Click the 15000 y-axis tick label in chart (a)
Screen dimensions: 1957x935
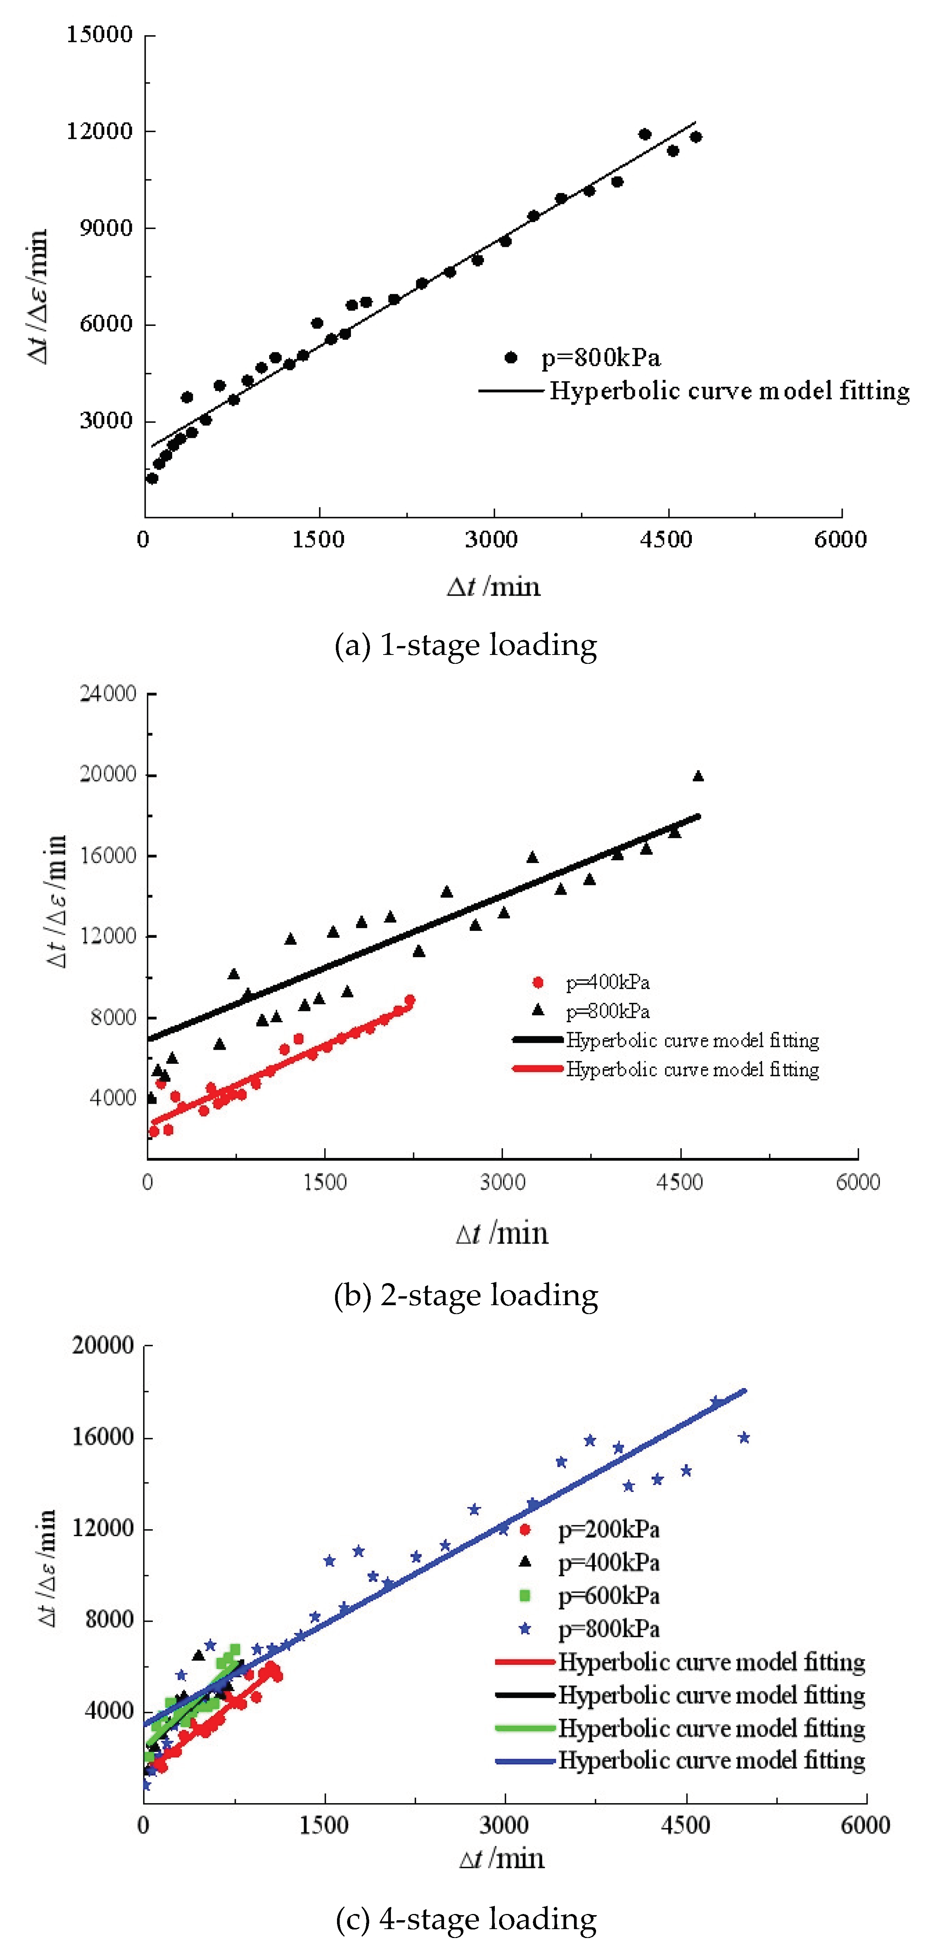(100, 35)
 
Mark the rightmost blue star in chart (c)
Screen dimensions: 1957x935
(744, 1437)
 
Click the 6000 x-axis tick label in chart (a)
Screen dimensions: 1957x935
(840, 540)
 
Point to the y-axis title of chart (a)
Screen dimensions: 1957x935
(38, 296)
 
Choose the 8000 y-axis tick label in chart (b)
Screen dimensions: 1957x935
(112, 1017)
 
